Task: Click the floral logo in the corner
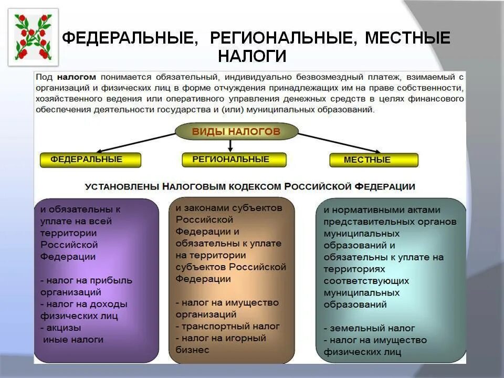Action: click(33, 37)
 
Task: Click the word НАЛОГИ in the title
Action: click(252, 56)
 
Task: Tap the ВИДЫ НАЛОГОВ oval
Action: click(236, 132)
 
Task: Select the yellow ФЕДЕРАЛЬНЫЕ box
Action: click(90, 160)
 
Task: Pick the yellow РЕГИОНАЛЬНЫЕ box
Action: click(234, 160)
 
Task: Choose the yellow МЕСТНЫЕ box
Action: click(373, 160)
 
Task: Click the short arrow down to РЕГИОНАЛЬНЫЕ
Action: click(230, 145)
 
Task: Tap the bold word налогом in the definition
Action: click(77, 77)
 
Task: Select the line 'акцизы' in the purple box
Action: click(63, 328)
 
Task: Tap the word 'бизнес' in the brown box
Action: click(192, 350)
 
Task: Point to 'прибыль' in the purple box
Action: click(108, 280)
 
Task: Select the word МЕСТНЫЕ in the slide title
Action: click(407, 38)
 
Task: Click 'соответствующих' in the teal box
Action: click(366, 281)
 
